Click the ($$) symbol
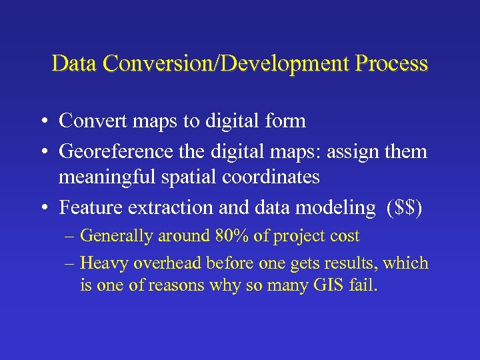point(404,208)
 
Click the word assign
point(350,151)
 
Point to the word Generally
point(114,235)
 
